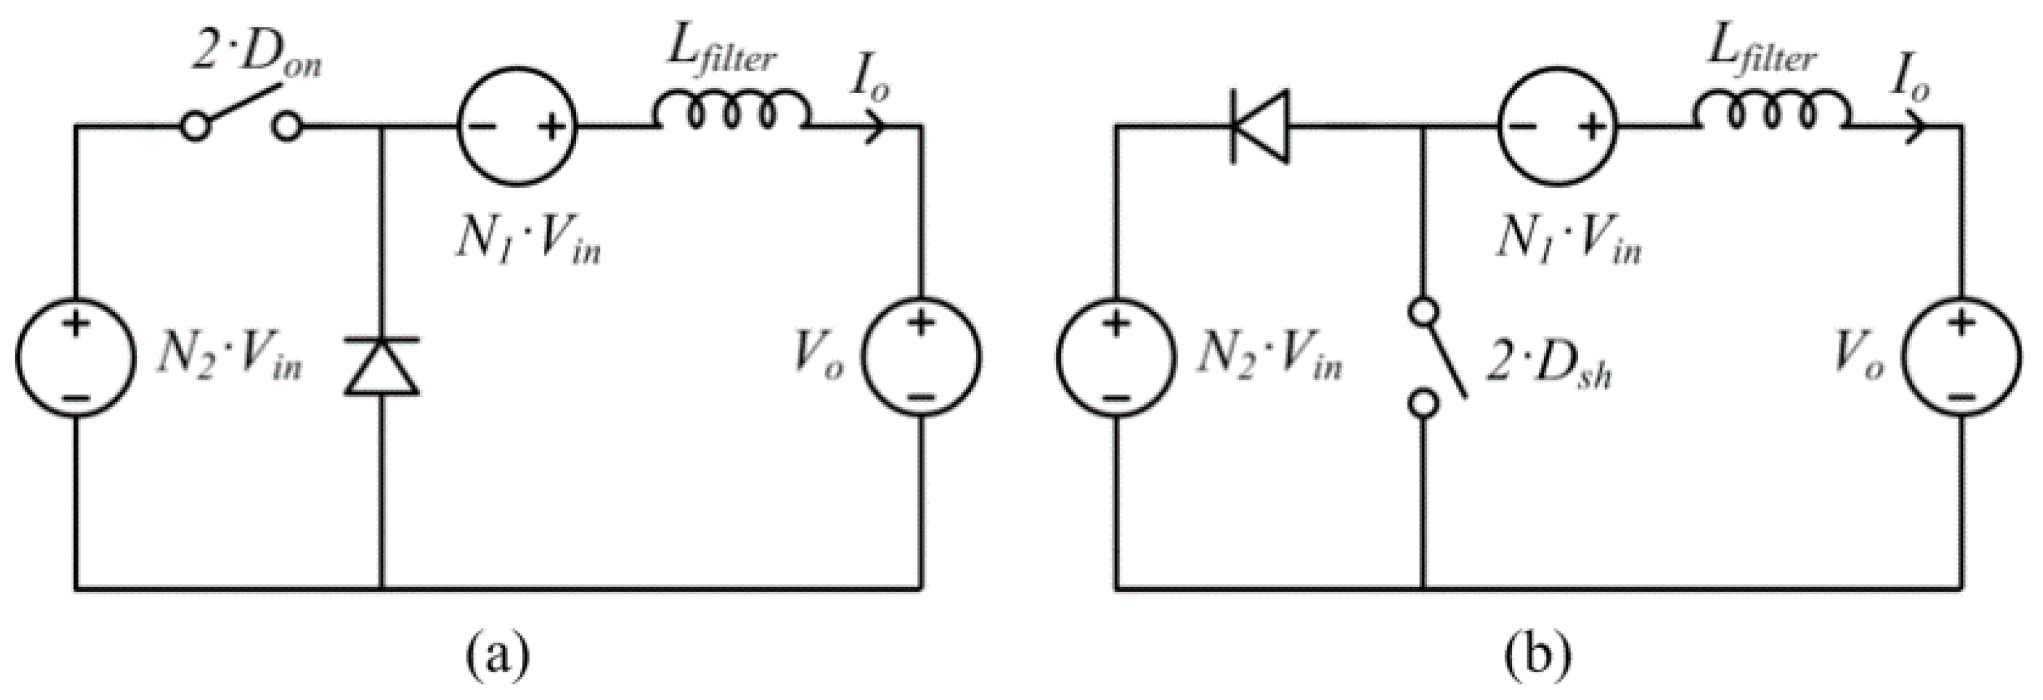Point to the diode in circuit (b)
click(x=1259, y=126)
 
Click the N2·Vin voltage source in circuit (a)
click(x=75, y=357)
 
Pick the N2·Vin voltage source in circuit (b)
click(x=1115, y=357)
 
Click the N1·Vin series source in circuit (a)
click(x=518, y=126)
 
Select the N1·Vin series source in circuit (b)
click(x=1557, y=126)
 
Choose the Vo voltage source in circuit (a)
click(x=922, y=357)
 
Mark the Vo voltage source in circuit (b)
click(x=1962, y=357)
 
